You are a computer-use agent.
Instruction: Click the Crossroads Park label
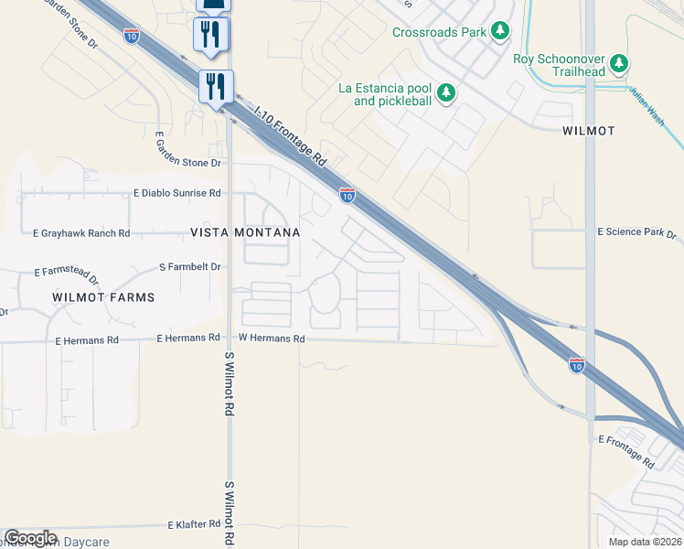point(439,32)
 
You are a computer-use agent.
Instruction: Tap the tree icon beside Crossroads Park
point(500,32)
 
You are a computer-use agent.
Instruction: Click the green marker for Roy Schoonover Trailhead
point(621,63)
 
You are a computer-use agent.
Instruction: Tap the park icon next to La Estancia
point(446,92)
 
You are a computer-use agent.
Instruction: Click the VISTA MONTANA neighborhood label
point(245,233)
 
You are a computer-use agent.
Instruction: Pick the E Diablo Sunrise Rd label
point(177,194)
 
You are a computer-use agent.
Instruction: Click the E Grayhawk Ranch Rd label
point(81,233)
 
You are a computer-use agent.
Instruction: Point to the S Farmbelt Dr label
point(190,267)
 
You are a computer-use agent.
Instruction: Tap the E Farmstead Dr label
point(66,273)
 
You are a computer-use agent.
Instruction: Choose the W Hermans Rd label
point(271,339)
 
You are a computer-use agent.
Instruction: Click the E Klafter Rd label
point(194,525)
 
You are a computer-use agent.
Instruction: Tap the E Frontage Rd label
point(628,441)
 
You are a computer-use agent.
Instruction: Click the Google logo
point(30,538)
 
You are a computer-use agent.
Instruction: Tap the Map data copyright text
point(646,542)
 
